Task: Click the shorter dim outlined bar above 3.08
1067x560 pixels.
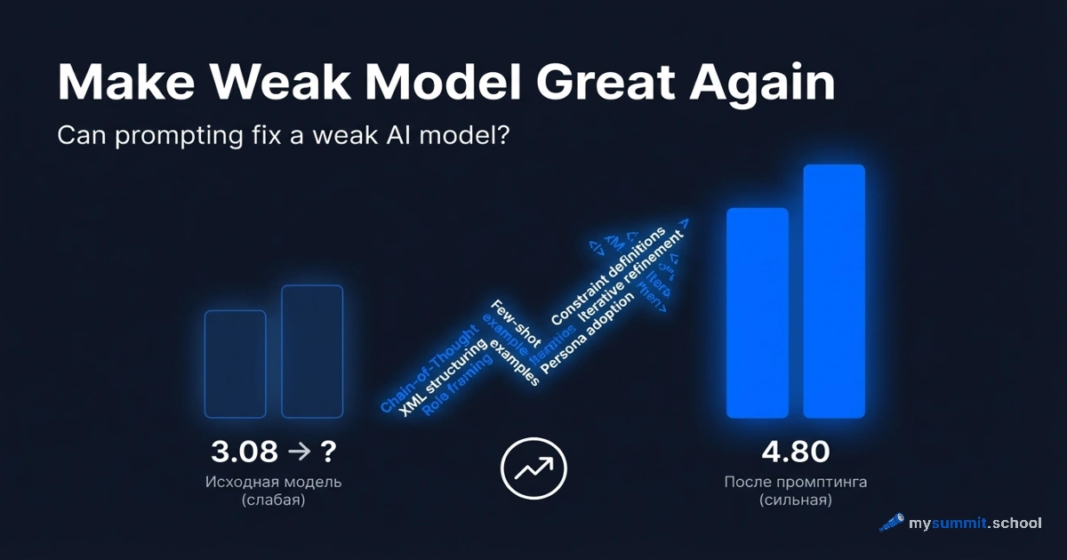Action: [x=236, y=364]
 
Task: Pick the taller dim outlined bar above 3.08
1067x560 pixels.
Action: [x=312, y=351]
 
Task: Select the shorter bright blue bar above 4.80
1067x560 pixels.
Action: [x=758, y=312]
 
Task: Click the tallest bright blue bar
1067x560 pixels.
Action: [x=834, y=291]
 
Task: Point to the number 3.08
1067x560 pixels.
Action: [x=245, y=452]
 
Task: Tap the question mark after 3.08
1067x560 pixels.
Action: [x=328, y=452]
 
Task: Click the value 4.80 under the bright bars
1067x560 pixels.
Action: [x=796, y=452]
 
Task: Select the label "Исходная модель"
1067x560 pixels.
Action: [x=273, y=482]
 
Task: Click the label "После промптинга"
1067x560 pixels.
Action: [x=795, y=482]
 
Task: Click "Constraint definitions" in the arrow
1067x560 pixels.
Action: [x=609, y=275]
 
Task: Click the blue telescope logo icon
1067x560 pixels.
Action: [x=892, y=522]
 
